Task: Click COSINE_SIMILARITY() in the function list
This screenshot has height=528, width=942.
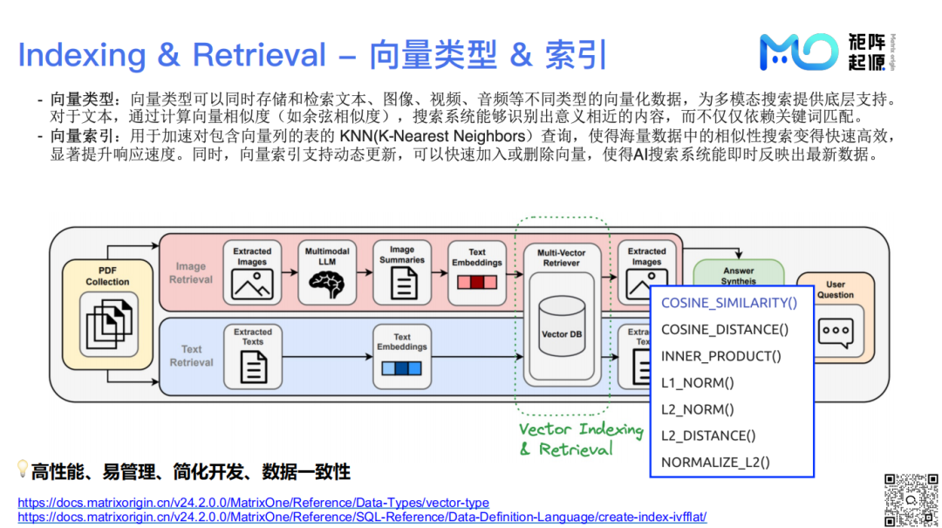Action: coord(729,303)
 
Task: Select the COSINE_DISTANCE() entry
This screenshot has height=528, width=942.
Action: coord(725,329)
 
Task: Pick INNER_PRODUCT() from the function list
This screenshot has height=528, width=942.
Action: coord(721,356)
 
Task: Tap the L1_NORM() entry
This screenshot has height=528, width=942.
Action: coord(698,382)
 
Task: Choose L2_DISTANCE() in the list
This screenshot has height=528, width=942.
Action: coord(708,435)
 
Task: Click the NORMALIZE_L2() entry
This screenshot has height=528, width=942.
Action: coord(715,463)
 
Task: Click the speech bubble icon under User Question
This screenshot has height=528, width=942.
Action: coord(835,332)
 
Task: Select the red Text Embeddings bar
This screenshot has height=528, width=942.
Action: coord(476,283)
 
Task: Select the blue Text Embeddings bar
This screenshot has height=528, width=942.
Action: coord(401,367)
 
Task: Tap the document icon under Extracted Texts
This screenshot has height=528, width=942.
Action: coord(253,367)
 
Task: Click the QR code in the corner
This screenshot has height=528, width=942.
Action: coord(911,500)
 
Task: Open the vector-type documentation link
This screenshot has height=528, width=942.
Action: coord(253,503)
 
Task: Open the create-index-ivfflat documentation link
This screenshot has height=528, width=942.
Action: coord(362,517)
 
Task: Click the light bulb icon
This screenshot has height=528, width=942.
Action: coord(24,470)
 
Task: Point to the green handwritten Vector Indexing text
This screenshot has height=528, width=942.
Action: coord(581,429)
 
